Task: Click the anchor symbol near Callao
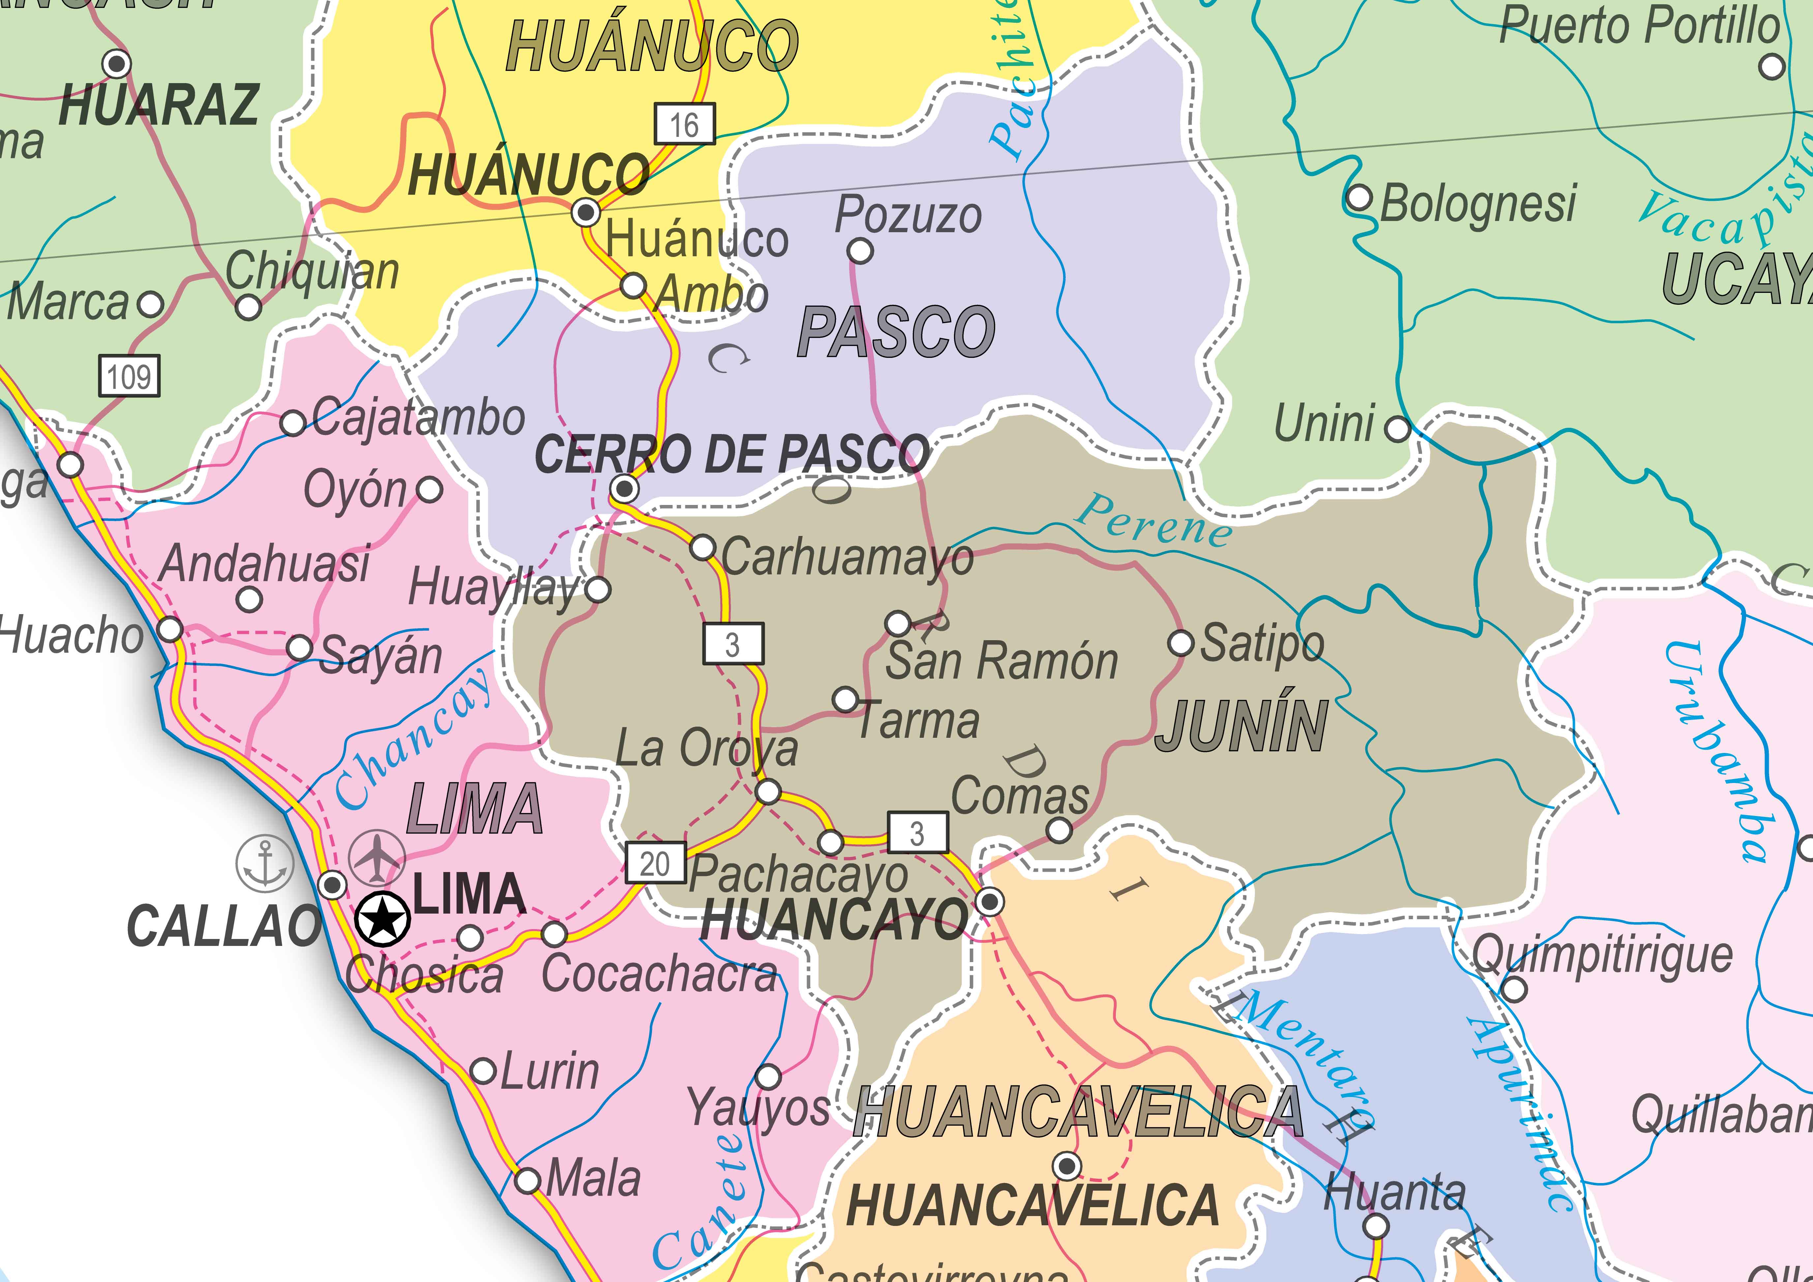click(x=265, y=862)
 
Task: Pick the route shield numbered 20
click(x=655, y=863)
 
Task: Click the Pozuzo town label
click(x=908, y=215)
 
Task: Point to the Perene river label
click(x=1153, y=521)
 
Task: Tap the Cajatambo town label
click(x=419, y=418)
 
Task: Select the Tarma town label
click(x=918, y=720)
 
